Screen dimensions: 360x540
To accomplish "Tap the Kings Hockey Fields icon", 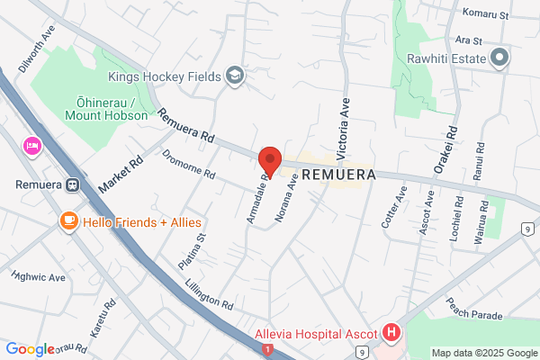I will [x=235, y=75].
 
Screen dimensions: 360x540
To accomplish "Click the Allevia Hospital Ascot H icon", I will [x=391, y=333].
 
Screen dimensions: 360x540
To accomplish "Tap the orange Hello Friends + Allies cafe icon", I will [x=68, y=220].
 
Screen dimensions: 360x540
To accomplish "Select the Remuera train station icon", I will [x=73, y=186].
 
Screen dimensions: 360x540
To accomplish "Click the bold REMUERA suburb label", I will [x=337, y=174].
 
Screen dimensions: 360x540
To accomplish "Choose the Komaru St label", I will [x=485, y=14].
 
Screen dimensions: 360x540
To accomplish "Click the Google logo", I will [x=30, y=349].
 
